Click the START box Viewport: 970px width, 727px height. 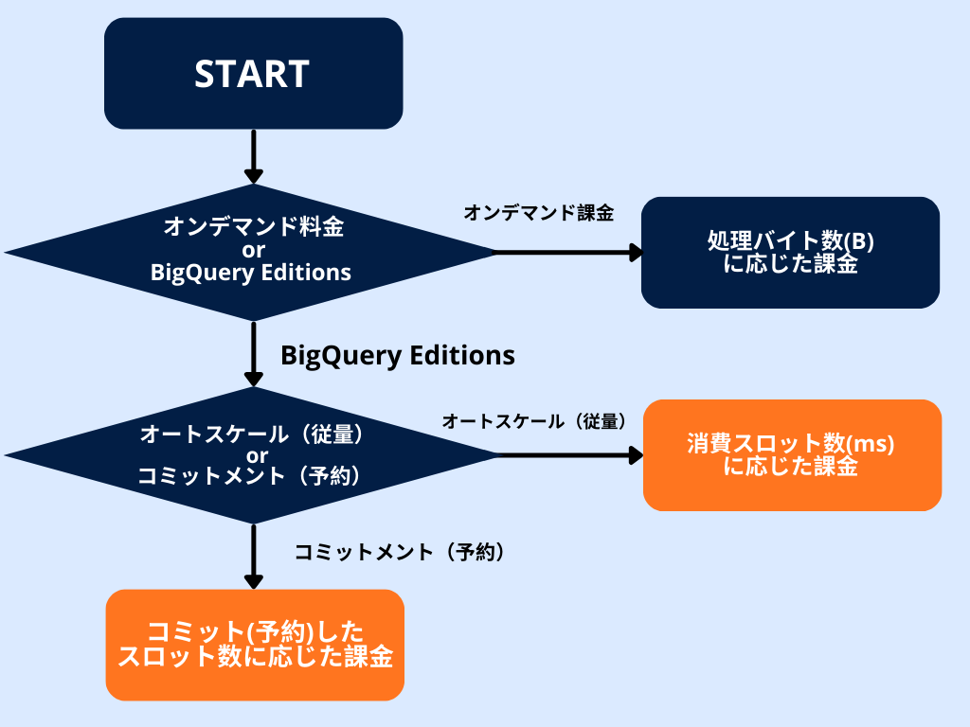point(253,73)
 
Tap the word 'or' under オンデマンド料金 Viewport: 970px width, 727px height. point(253,250)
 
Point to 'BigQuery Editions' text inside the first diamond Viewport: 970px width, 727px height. point(251,273)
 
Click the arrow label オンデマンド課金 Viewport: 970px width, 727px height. point(539,213)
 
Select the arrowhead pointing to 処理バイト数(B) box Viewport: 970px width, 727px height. point(636,252)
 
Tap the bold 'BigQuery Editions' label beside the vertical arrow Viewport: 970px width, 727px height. point(398,355)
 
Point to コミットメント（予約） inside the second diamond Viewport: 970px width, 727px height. point(251,476)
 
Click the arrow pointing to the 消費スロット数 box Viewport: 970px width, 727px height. point(568,455)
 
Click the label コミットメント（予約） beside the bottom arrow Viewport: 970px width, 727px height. point(399,552)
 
